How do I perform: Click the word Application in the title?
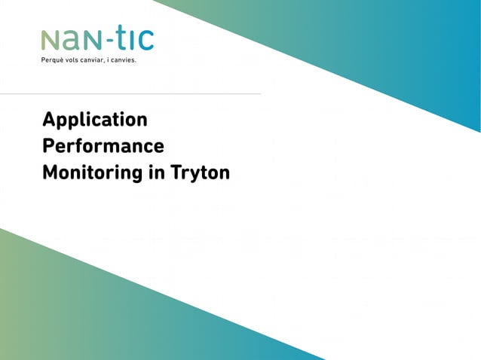[x=95, y=121]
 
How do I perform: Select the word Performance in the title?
[x=103, y=146]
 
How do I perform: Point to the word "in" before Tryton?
[x=157, y=172]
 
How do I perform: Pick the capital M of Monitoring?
[x=50, y=172]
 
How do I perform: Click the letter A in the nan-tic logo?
[x=66, y=41]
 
